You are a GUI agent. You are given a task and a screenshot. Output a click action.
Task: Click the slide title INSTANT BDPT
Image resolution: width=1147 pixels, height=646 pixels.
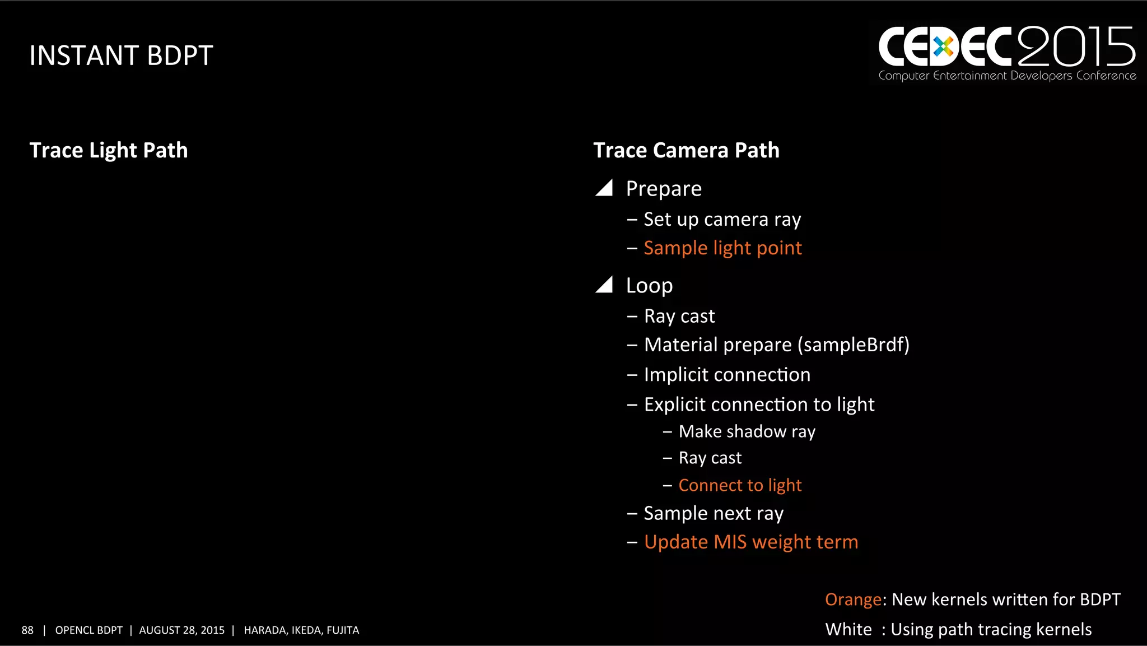[x=121, y=55]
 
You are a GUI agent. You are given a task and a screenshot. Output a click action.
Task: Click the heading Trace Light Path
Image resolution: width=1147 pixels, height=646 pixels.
[x=109, y=150]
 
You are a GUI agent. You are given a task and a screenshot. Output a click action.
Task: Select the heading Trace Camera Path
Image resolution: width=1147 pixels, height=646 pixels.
[x=686, y=150]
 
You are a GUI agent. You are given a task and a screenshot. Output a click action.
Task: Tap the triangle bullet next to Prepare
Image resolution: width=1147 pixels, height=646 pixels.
[x=605, y=188]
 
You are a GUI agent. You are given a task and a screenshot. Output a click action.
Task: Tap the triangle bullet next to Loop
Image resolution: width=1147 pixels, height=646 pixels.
[x=605, y=285]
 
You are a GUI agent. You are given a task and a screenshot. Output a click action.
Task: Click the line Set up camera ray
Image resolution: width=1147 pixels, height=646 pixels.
[x=722, y=219]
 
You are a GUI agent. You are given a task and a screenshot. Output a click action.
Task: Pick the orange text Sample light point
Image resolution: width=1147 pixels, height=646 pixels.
[x=722, y=248]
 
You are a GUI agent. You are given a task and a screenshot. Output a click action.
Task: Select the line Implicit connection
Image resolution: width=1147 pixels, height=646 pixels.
[x=727, y=374]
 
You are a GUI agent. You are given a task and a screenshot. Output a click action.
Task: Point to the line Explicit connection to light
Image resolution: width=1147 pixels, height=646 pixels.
[x=759, y=404]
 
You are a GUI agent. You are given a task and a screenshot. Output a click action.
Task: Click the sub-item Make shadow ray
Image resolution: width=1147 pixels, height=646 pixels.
[x=747, y=431]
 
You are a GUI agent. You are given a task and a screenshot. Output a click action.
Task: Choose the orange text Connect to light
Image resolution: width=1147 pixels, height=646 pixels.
[x=740, y=485]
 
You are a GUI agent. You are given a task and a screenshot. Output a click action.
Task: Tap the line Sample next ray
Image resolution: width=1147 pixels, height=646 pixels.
[x=713, y=513]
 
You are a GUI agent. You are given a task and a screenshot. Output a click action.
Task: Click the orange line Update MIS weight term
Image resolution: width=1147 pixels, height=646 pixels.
[x=750, y=542]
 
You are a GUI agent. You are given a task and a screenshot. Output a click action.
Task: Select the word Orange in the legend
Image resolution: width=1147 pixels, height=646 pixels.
[x=853, y=599]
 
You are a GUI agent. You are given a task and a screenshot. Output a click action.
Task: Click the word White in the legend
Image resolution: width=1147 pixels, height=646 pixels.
[x=848, y=629]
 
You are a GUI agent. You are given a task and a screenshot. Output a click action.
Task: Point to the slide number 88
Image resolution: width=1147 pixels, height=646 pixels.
[x=27, y=630]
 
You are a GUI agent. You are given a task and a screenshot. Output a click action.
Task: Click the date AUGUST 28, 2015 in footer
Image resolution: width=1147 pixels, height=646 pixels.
[x=181, y=630]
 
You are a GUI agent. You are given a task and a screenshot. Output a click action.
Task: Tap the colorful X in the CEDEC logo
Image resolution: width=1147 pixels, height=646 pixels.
[x=943, y=47]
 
